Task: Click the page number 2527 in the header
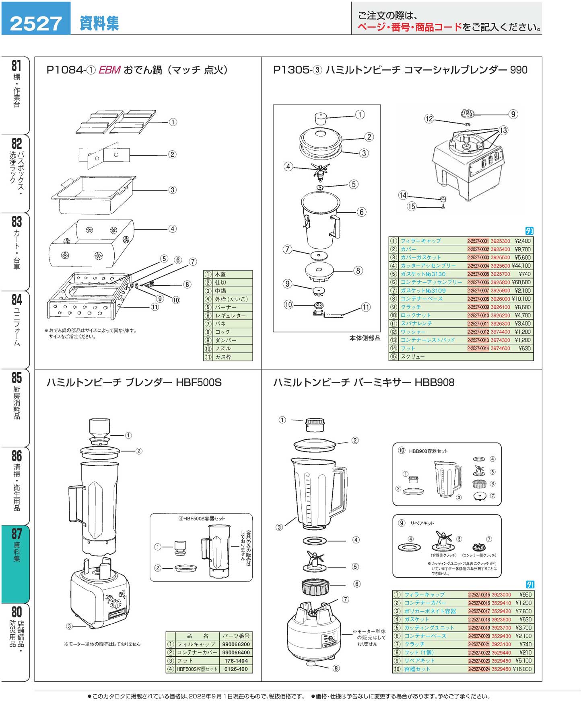pyautogui.click(x=36, y=23)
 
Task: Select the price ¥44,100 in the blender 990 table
pyautogui.click(x=521, y=266)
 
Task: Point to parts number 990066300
pyautogui.click(x=236, y=644)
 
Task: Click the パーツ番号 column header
pyautogui.click(x=236, y=636)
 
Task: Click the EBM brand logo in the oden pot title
pyautogui.click(x=109, y=70)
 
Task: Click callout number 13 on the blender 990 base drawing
pyautogui.click(x=503, y=130)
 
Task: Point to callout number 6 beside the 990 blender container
pyautogui.click(x=361, y=212)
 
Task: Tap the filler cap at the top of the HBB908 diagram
pyautogui.click(x=315, y=424)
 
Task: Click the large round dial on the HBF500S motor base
pyautogui.click(x=115, y=604)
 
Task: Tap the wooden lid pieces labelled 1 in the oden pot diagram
pyautogui.click(x=116, y=122)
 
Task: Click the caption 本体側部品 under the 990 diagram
pyautogui.click(x=365, y=338)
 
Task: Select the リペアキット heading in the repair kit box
pyautogui.click(x=422, y=523)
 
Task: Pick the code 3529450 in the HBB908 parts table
pyautogui.click(x=501, y=661)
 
